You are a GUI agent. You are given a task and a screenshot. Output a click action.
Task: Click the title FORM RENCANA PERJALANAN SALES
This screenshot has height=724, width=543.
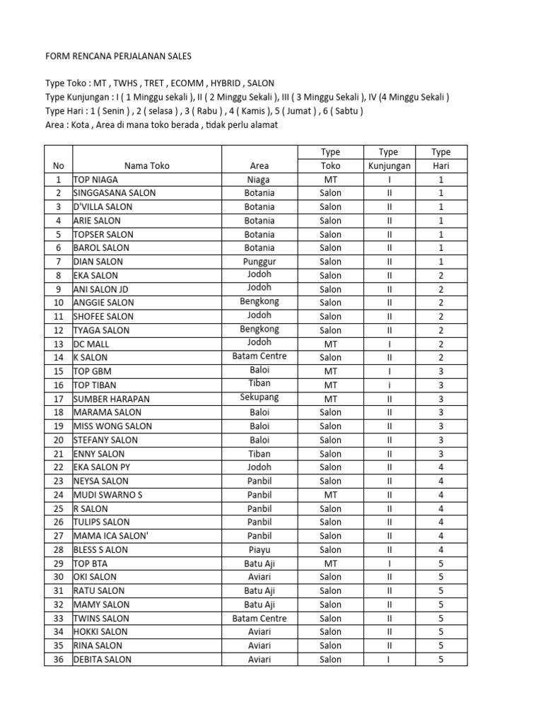point(118,56)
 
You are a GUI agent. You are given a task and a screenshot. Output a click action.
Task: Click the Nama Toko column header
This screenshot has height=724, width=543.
point(146,165)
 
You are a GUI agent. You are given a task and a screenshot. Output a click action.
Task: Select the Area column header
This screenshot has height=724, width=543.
point(259,165)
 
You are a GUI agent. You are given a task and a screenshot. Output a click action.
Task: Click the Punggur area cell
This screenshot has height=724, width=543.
point(259,261)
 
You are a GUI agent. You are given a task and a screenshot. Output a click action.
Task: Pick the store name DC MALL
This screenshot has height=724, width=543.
point(91,344)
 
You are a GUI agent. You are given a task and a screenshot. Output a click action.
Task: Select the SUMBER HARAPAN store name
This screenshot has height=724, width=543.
point(111,399)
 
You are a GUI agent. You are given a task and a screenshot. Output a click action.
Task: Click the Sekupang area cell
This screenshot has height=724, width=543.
point(259,397)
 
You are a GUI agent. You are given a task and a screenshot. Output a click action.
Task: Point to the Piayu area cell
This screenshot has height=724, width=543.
point(259,549)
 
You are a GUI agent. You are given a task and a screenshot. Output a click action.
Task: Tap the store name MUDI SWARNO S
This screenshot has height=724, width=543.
point(107,495)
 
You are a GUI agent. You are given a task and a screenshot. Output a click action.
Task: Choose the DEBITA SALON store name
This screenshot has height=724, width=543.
point(102,660)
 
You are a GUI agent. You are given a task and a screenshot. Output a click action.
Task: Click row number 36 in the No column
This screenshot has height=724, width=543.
point(58,660)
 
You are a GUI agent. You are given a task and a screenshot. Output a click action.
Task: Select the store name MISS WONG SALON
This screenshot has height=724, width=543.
point(107,426)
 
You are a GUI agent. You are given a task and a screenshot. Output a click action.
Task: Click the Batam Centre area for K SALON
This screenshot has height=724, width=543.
point(259,356)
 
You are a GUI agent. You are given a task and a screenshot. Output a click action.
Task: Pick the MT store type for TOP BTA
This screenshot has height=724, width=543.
point(330,564)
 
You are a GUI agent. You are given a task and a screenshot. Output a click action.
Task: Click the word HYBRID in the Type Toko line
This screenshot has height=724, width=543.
point(218,83)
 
